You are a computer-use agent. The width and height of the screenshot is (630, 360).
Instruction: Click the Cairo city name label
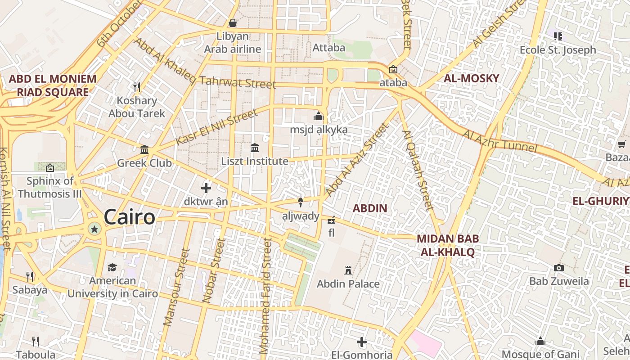(130, 217)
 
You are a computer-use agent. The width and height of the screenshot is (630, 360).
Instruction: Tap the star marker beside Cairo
(94, 229)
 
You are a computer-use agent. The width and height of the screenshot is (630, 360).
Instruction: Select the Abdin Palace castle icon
(348, 270)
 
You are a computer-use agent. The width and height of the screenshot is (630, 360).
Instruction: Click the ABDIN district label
(369, 208)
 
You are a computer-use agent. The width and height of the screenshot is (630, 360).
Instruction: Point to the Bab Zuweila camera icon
(559, 268)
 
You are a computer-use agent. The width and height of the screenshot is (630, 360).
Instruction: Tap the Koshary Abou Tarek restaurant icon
(137, 86)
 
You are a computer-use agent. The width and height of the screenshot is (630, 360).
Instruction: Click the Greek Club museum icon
(144, 149)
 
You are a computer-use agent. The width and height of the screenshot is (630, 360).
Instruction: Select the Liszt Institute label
(255, 161)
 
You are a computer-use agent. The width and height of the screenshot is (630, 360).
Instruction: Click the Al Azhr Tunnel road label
(499, 141)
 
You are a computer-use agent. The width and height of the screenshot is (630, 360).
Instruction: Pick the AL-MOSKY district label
(471, 78)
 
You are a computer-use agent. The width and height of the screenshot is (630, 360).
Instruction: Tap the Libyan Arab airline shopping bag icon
(233, 22)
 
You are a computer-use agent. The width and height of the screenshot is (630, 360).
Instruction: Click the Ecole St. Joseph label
(558, 50)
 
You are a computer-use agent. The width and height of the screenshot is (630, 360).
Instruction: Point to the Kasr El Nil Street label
(216, 126)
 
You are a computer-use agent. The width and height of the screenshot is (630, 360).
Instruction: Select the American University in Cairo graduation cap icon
(112, 267)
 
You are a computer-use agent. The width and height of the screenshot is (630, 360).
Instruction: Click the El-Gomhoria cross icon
(362, 342)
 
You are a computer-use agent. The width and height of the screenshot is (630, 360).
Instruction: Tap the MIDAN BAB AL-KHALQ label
(447, 245)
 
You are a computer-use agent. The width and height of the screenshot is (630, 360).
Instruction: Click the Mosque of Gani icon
(540, 341)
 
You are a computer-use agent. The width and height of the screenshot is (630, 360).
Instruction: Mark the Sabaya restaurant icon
(30, 276)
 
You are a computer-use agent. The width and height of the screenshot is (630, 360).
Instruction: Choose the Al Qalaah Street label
(418, 171)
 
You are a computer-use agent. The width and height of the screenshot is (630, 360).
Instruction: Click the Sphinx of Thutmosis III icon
(50, 168)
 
